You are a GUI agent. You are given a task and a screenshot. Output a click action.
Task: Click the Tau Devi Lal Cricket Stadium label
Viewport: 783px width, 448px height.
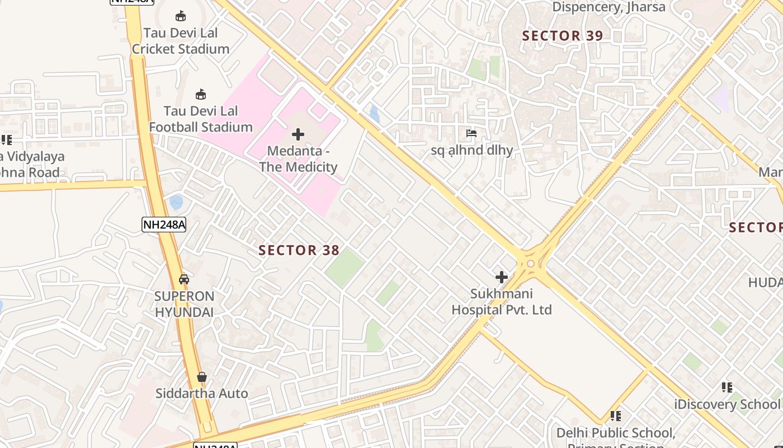click(x=181, y=41)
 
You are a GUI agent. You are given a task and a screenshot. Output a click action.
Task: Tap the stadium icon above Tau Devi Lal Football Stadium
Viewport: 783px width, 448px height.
click(x=201, y=94)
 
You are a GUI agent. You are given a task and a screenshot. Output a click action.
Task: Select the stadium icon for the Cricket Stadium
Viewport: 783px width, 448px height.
click(x=181, y=16)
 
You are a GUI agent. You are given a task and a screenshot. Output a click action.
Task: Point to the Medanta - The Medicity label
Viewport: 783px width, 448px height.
click(x=298, y=159)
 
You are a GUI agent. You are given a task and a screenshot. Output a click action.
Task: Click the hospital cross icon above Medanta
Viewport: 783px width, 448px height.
click(x=298, y=134)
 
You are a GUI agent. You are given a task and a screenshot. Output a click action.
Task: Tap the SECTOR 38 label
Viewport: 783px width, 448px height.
click(x=299, y=250)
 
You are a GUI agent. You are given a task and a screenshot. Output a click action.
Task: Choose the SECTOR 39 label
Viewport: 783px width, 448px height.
click(x=563, y=36)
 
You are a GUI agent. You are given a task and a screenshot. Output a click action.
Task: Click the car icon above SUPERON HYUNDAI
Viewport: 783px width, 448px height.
click(x=184, y=279)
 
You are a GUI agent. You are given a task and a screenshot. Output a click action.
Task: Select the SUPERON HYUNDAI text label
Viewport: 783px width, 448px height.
click(x=185, y=304)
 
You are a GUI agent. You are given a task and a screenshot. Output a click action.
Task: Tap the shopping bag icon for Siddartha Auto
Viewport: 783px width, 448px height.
click(x=202, y=377)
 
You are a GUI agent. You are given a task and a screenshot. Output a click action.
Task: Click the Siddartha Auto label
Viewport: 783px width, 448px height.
click(x=202, y=393)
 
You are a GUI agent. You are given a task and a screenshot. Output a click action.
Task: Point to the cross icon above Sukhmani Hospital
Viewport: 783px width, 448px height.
click(x=502, y=277)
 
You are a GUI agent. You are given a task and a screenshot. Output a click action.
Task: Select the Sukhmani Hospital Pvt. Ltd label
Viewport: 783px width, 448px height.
click(x=502, y=302)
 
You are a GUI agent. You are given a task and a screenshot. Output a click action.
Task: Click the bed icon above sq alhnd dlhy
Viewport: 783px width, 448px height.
click(x=471, y=133)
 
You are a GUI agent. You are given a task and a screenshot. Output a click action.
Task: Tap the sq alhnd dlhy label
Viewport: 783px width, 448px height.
click(x=471, y=150)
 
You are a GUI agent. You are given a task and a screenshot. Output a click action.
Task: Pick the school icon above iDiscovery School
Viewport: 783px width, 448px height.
click(x=727, y=387)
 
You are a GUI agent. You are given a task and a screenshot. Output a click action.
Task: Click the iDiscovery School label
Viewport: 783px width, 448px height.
click(x=727, y=404)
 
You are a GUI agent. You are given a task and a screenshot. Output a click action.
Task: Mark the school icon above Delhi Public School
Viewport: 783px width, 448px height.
click(x=616, y=416)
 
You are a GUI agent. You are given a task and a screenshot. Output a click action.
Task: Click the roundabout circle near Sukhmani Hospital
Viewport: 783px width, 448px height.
click(x=530, y=263)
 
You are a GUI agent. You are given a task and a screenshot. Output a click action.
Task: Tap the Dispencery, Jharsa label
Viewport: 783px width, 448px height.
click(x=609, y=7)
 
